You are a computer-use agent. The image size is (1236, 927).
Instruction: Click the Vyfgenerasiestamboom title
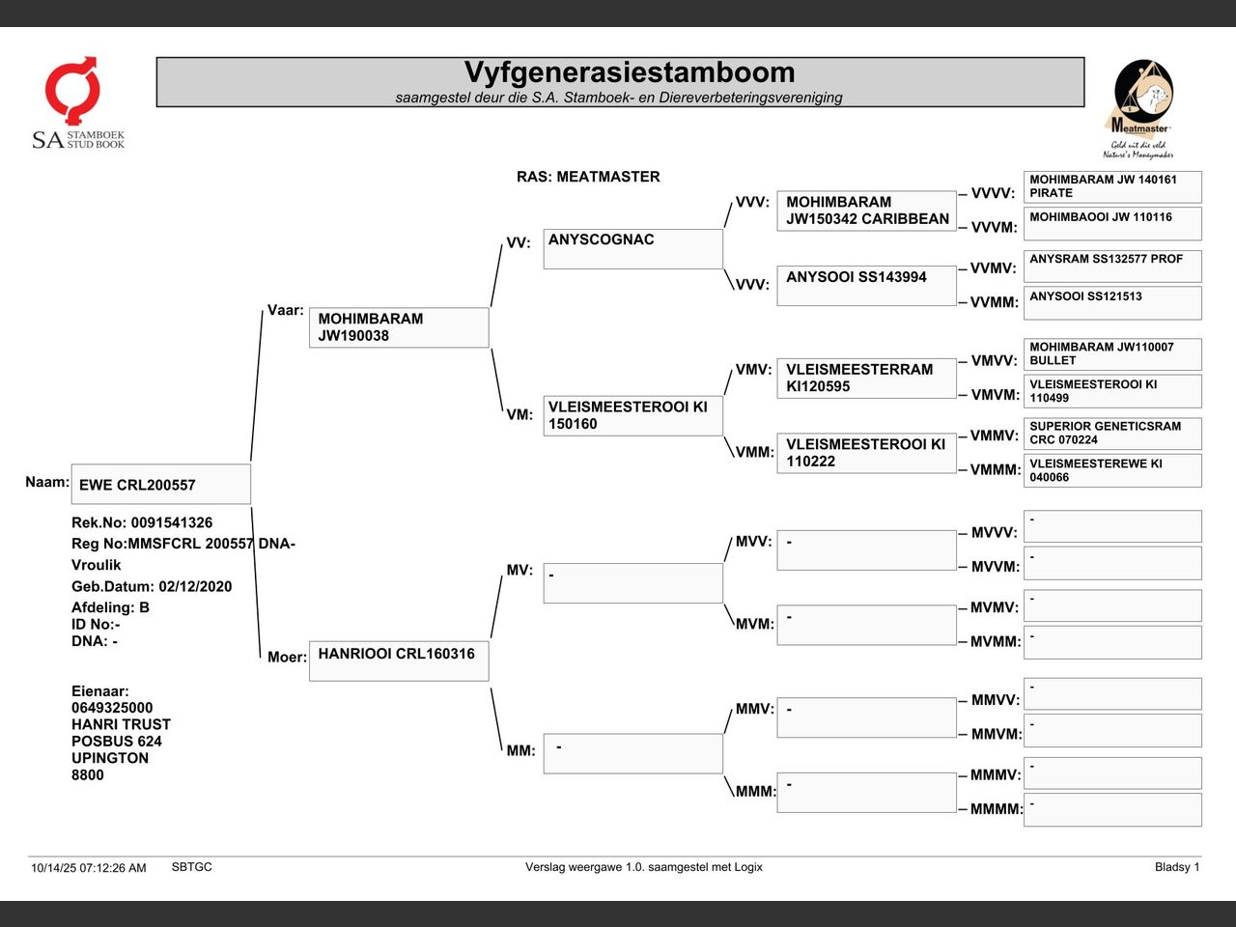(629, 73)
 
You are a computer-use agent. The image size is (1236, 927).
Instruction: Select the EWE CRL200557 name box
(160, 485)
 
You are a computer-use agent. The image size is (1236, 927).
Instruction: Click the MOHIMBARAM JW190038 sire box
(398, 327)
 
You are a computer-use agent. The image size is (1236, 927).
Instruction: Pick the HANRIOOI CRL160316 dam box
(398, 660)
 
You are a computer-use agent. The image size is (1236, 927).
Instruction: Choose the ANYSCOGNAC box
(632, 248)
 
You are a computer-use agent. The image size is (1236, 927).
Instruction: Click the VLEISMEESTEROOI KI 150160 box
(632, 415)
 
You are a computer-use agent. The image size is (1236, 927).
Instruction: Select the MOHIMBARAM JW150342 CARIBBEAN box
(866, 211)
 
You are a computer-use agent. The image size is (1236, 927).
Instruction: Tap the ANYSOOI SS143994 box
(866, 285)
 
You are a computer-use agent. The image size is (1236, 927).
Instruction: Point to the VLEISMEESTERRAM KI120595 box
(866, 378)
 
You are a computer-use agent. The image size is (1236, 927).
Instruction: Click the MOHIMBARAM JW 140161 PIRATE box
(1111, 186)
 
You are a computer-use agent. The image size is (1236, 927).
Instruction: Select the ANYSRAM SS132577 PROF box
(1111, 266)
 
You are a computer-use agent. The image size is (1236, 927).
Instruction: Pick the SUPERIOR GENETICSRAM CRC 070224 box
(1111, 433)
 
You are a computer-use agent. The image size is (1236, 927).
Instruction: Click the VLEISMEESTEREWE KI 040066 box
(1111, 470)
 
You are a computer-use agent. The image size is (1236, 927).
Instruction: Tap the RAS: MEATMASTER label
(588, 177)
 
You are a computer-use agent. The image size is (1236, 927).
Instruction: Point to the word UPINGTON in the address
(110, 758)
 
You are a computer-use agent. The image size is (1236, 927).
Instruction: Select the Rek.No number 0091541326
(172, 522)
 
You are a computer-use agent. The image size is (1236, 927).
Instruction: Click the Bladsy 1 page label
(1176, 867)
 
